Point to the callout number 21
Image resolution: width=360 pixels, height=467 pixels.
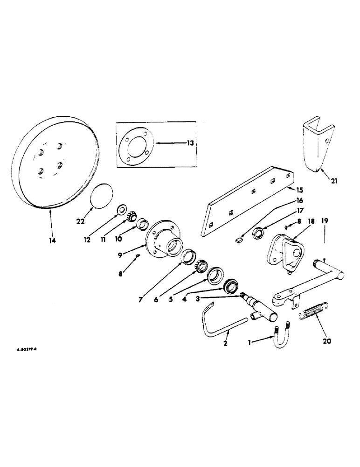(334, 180)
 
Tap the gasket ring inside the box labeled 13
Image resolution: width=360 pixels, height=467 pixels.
(136, 145)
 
